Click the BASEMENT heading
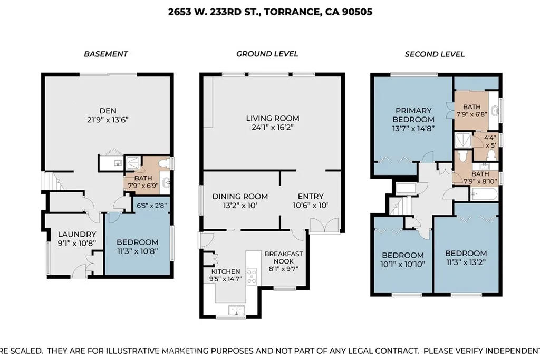(105, 54)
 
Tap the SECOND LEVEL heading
(435, 54)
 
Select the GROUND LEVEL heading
(267, 54)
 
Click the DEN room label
(108, 111)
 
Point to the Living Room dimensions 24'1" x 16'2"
(273, 128)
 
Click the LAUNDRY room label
(77, 235)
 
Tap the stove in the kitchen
(252, 276)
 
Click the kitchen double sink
(236, 310)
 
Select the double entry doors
(325, 226)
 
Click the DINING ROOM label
(240, 197)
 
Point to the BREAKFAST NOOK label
(283, 258)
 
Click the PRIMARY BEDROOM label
(413, 115)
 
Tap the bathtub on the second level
(484, 194)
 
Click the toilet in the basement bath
(167, 162)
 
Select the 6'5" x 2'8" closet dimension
(151, 206)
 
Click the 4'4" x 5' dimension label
(490, 141)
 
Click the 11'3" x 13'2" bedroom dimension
(466, 262)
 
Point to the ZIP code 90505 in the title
(357, 12)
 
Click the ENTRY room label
(311, 196)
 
